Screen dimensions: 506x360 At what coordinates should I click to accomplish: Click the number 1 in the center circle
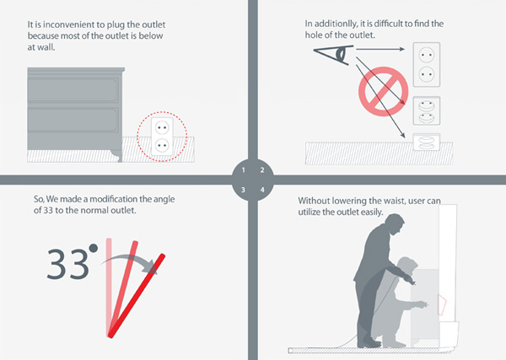[244, 170]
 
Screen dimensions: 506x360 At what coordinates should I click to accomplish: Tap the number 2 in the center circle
[262, 170]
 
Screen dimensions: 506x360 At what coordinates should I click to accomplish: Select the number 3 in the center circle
[243, 190]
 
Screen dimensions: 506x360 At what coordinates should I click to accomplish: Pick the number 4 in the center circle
[262, 190]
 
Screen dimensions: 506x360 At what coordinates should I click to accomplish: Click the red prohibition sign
[384, 91]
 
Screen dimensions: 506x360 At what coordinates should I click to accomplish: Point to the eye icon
[334, 55]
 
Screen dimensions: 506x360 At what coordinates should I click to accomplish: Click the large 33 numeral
[67, 265]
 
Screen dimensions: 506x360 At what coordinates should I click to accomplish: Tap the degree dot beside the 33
[94, 248]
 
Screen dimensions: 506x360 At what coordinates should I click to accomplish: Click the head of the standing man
[395, 224]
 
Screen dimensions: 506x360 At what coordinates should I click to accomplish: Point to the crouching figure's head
[407, 266]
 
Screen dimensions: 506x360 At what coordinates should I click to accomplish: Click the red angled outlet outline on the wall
[441, 304]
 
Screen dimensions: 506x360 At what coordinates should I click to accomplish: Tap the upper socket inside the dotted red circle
[162, 128]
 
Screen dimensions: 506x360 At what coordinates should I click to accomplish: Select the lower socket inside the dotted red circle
[162, 146]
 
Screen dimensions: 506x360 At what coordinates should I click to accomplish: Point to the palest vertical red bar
[109, 287]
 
